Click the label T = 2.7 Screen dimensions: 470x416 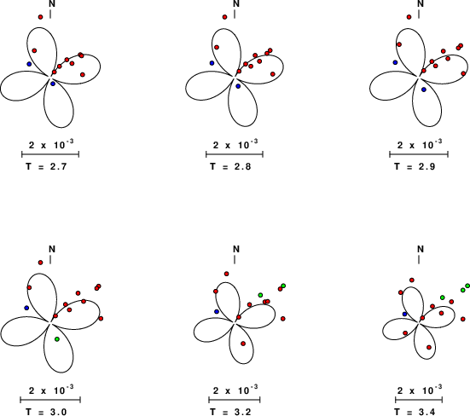[x=46, y=166]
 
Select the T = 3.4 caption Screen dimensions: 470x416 [x=415, y=412]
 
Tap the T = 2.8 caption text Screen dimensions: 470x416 [x=230, y=166]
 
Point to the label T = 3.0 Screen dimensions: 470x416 [x=46, y=412]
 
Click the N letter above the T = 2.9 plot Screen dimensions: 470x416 [x=421, y=3]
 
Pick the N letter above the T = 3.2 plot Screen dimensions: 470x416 [x=236, y=249]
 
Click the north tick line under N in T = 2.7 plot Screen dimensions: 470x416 [x=50, y=14]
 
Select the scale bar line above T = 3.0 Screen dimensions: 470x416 [x=50, y=400]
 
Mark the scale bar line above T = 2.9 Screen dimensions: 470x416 [x=419, y=154]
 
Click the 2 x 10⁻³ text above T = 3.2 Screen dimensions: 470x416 [x=235, y=390]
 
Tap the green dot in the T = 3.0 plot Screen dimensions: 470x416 [x=57, y=339]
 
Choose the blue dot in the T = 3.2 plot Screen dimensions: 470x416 [x=217, y=311]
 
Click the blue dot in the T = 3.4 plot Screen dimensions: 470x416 [x=405, y=314]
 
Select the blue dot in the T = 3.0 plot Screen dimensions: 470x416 [x=26, y=308]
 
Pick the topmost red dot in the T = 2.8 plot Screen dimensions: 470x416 [x=225, y=17]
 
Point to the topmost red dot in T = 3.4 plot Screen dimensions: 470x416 [x=412, y=280]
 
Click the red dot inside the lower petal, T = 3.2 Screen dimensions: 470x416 [x=243, y=344]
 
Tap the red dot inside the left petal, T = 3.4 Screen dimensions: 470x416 [x=405, y=332]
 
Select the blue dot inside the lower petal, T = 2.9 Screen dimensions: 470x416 [x=424, y=90]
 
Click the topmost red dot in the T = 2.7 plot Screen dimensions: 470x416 [x=40, y=17]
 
